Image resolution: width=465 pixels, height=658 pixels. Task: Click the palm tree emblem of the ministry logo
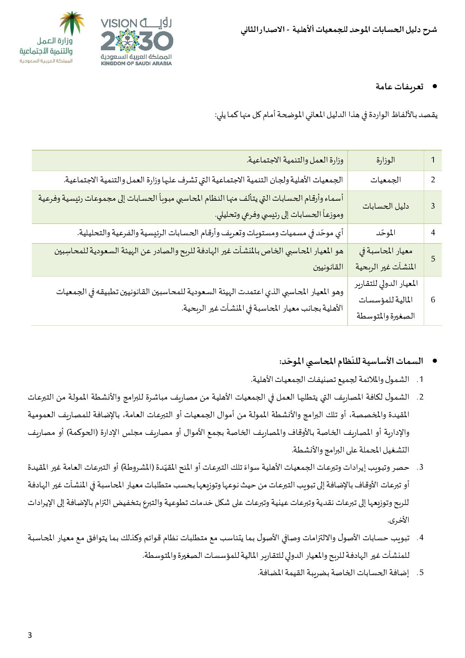click(73, 23)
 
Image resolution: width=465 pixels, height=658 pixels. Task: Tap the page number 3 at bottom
click(30, 635)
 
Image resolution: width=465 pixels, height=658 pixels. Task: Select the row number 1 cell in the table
click(433, 160)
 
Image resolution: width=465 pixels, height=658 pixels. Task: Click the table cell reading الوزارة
click(385, 160)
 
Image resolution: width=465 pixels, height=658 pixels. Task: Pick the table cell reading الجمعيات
click(385, 180)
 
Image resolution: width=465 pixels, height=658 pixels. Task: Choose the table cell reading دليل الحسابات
click(385, 206)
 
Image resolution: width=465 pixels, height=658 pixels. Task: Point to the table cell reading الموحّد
click(385, 233)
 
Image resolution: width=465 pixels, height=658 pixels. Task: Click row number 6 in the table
click(433, 300)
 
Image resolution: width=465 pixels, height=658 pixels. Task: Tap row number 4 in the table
click(433, 233)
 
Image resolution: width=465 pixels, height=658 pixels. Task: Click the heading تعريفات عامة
click(399, 87)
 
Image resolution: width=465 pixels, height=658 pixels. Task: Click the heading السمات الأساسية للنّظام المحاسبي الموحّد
click(351, 361)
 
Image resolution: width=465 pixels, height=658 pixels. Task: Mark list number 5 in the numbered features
click(421, 572)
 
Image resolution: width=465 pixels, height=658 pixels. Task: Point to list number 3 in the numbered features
click(421, 467)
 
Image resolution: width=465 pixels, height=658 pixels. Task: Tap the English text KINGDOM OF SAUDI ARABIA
click(136, 63)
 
